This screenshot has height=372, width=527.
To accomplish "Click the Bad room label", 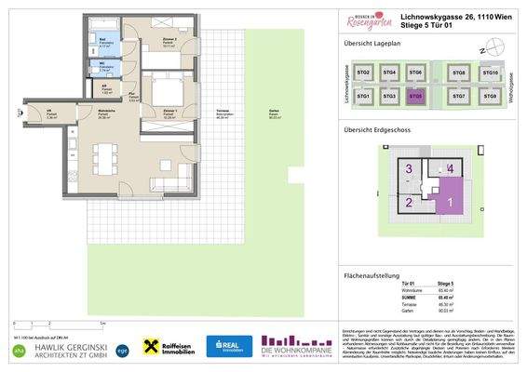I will point(103,40).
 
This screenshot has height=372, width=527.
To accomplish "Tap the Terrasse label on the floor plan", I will point(223,112).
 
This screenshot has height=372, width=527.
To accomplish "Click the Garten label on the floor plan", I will point(274,112).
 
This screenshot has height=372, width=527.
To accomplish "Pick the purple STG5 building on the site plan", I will point(416,96).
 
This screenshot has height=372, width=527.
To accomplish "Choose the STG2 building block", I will point(364,73).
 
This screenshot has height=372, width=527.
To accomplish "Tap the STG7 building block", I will point(458,96).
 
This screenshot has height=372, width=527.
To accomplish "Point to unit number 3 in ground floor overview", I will point(409,168).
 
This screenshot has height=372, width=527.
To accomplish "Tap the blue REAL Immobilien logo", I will point(228,346).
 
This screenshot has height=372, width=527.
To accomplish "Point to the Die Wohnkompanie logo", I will point(297,345).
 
